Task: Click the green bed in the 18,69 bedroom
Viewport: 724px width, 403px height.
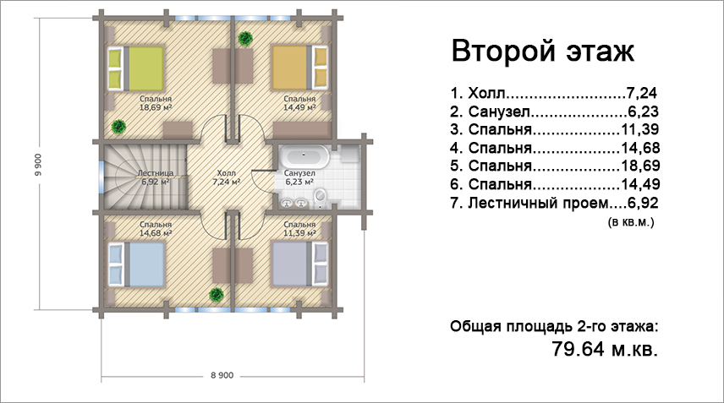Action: point(135,68)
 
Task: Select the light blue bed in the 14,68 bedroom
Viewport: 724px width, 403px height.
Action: point(136,264)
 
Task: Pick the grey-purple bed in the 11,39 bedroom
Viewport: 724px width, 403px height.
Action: point(299,264)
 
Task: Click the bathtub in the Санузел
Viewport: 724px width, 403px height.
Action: point(304,157)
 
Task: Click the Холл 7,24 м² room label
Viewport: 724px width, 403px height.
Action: point(227,177)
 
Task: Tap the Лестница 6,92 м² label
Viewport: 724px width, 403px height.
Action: point(156,177)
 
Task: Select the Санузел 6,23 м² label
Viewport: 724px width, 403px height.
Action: point(299,177)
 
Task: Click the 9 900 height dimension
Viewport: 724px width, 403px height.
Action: point(38,165)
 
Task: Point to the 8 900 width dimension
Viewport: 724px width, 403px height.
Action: point(222,375)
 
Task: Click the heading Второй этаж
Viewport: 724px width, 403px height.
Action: point(542,51)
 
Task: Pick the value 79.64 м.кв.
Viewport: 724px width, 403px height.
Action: point(605,349)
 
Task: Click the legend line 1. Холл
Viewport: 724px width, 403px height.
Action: point(554,93)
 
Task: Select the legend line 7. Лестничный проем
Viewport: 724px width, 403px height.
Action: point(555,203)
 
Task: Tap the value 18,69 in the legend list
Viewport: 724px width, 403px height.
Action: point(640,166)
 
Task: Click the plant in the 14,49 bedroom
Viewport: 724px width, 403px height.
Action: point(245,38)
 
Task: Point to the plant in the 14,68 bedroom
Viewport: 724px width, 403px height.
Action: point(216,294)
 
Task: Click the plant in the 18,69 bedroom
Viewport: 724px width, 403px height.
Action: point(118,127)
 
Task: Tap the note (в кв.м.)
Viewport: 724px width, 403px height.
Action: point(631,222)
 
